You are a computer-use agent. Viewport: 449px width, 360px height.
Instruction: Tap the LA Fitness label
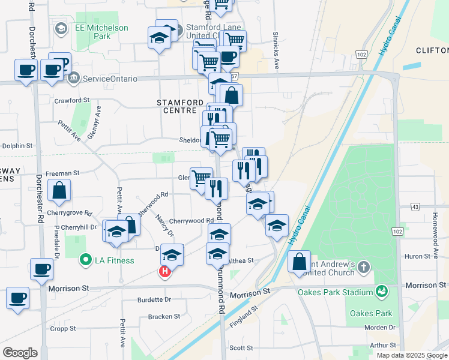(113, 260)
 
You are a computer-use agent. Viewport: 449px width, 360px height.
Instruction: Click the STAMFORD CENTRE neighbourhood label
(176, 106)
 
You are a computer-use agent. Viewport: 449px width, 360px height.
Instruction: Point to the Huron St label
(415, 256)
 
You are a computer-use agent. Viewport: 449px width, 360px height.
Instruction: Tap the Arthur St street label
(383, 345)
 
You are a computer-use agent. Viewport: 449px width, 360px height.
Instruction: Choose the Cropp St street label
(63, 328)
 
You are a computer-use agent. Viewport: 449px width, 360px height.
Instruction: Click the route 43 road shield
(415, 206)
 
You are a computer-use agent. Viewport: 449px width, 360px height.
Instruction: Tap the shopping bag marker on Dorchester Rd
(60, 191)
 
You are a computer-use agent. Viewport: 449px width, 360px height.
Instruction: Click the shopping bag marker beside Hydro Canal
(299, 262)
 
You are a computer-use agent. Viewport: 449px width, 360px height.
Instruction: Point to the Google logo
(20, 353)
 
